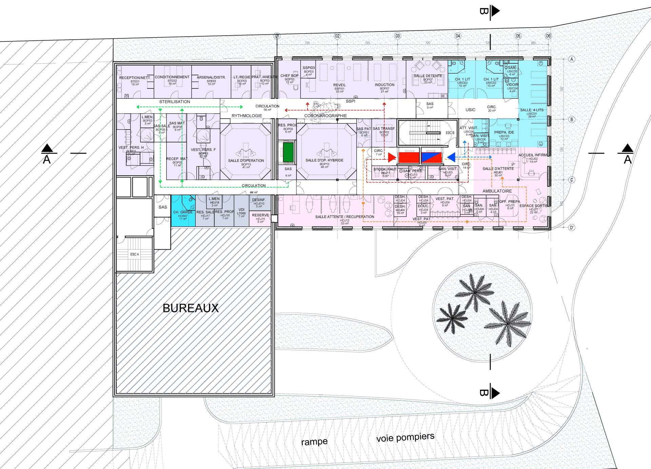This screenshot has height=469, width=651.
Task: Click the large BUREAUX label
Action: (x=191, y=308)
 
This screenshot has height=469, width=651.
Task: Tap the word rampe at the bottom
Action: (x=314, y=442)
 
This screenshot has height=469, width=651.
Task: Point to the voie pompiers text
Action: (x=405, y=437)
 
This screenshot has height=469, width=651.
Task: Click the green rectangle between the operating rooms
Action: (x=288, y=152)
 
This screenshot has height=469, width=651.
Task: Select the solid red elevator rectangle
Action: (x=409, y=157)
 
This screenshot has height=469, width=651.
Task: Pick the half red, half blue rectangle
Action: (x=431, y=157)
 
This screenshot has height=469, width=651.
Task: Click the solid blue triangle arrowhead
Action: (x=451, y=157)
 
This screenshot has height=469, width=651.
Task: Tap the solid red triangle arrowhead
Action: (x=392, y=157)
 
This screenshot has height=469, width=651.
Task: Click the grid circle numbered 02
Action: (x=337, y=36)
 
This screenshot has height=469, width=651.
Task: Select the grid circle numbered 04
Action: (x=458, y=36)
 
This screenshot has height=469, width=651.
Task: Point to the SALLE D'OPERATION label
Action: (x=246, y=160)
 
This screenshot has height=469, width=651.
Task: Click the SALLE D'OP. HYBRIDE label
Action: (x=324, y=160)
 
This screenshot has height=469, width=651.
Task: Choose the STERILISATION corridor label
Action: (x=175, y=102)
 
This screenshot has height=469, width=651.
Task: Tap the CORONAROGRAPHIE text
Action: (x=325, y=116)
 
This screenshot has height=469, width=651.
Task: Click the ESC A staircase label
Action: (x=135, y=254)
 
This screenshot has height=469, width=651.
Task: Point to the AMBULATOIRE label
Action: (x=497, y=191)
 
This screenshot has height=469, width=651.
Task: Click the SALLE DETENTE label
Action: (x=428, y=76)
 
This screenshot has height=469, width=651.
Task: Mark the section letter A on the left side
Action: (x=47, y=159)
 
